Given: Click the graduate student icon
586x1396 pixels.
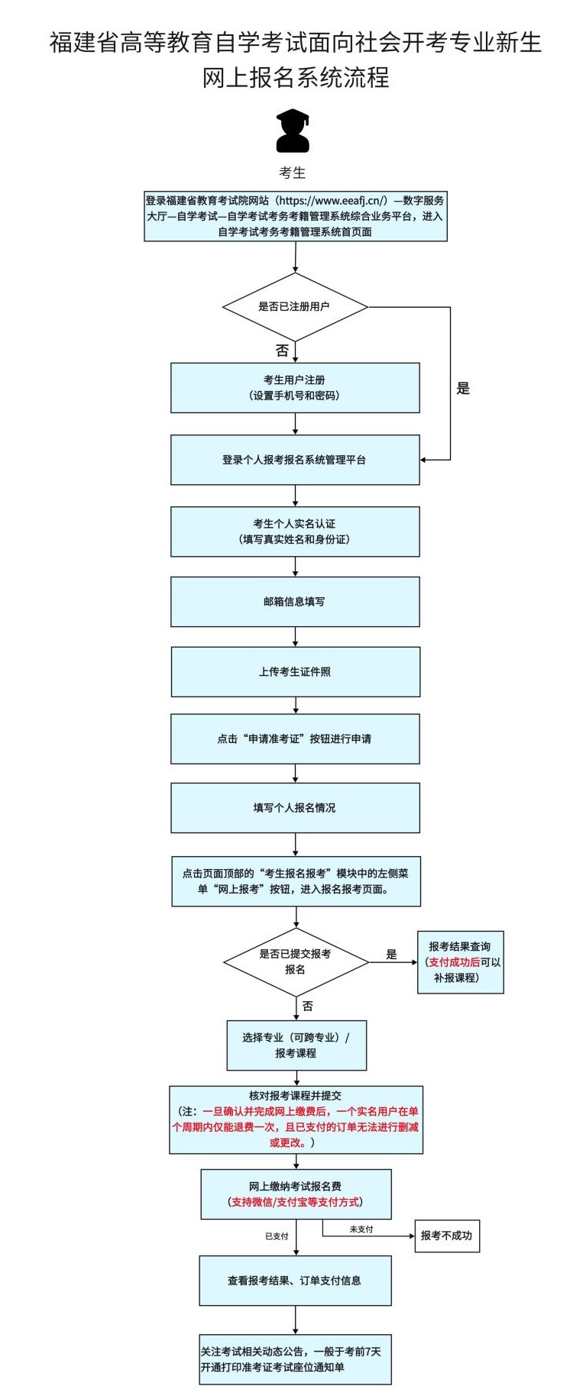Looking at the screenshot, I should pyautogui.click(x=293, y=131).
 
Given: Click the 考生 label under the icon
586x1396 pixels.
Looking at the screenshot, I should pyautogui.click(x=293, y=173).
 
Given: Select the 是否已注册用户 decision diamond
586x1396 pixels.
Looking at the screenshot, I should pyautogui.click(x=295, y=307).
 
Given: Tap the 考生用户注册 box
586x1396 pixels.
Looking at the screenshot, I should pyautogui.click(x=295, y=387).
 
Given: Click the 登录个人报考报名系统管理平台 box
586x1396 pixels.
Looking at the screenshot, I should pyautogui.click(x=295, y=460).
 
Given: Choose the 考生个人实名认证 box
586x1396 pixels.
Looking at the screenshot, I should pyautogui.click(x=295, y=532).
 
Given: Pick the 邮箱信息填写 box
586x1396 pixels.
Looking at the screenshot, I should pyautogui.click(x=295, y=602).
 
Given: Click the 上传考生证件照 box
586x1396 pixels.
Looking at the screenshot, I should pyautogui.click(x=295, y=672).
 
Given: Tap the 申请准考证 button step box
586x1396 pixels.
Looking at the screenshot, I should pyautogui.click(x=295, y=739).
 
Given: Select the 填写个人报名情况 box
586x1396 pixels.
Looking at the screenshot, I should pyautogui.click(x=295, y=808).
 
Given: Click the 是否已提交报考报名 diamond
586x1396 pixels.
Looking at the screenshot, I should pyautogui.click(x=296, y=961).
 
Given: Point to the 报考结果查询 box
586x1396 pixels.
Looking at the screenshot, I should pyautogui.click(x=460, y=962).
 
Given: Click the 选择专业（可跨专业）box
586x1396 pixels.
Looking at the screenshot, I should pyautogui.click(x=296, y=1045).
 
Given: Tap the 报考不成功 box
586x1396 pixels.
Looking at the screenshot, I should pyautogui.click(x=446, y=1236).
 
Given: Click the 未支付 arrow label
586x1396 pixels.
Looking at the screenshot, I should pyautogui.click(x=361, y=1230).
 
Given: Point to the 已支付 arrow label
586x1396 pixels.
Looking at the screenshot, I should pyautogui.click(x=277, y=1236).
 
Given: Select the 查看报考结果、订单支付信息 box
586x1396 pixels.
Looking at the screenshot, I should pyautogui.click(x=295, y=1281).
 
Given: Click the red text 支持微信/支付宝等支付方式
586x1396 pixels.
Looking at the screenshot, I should pyautogui.click(x=296, y=1202).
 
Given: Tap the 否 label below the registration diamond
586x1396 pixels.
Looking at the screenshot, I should pyautogui.click(x=282, y=351).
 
